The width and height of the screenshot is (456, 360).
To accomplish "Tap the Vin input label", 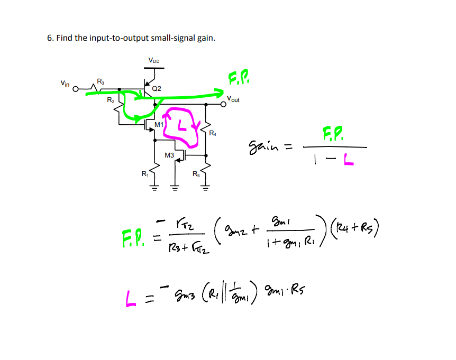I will [x=64, y=83].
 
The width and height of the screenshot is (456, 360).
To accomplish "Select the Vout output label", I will [x=233, y=99].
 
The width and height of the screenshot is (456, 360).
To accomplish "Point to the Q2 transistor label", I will [x=157, y=88].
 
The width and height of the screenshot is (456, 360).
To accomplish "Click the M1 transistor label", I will [x=158, y=124].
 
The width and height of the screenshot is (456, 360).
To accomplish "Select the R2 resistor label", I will [x=110, y=99].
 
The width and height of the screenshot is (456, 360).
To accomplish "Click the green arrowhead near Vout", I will [x=218, y=93].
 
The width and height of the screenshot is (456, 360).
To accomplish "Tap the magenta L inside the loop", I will [x=182, y=127].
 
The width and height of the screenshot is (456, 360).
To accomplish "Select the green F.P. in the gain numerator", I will [x=332, y=133].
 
